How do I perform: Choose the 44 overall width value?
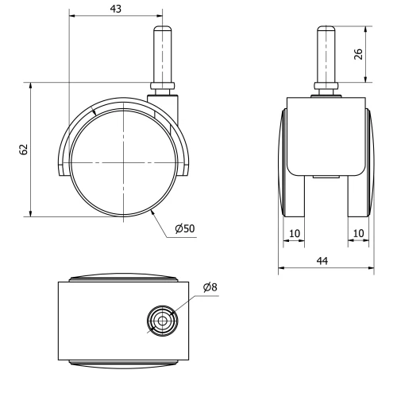coord(326,260)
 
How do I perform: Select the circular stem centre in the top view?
coord(162,321)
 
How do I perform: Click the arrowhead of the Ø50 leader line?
coord(152,212)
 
